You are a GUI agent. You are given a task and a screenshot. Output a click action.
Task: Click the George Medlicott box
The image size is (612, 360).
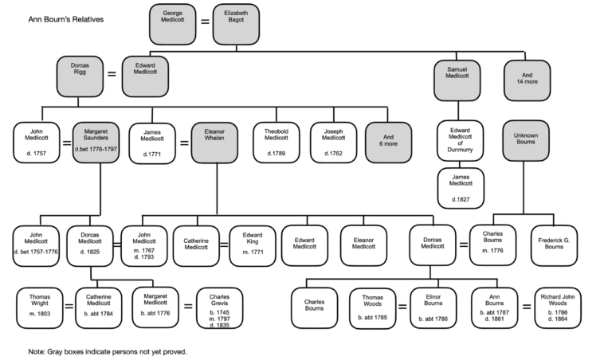[x=172, y=24]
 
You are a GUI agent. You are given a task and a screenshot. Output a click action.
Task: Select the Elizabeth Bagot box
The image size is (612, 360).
[x=236, y=24]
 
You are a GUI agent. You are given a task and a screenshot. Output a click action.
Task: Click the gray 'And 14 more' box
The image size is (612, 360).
[x=527, y=80]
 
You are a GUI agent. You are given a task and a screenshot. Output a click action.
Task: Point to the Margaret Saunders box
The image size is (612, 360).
[x=96, y=140]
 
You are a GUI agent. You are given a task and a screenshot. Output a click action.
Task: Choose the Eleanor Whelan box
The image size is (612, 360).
[x=215, y=140]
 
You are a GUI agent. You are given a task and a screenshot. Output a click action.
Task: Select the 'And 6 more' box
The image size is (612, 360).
[x=387, y=140]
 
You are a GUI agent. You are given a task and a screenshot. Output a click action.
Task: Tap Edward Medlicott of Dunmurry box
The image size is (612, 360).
[x=460, y=140]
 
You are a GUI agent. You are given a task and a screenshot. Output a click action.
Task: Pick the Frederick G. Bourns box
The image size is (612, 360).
[x=554, y=245]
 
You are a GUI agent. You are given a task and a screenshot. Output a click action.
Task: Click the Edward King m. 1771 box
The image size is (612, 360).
[x=253, y=245]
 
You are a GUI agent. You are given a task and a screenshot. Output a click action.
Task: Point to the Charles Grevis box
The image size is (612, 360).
[x=220, y=309]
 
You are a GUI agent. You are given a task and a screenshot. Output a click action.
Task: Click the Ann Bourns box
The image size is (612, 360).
[x=493, y=309]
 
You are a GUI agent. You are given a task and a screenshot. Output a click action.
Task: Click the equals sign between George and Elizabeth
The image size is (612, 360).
[x=204, y=24]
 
